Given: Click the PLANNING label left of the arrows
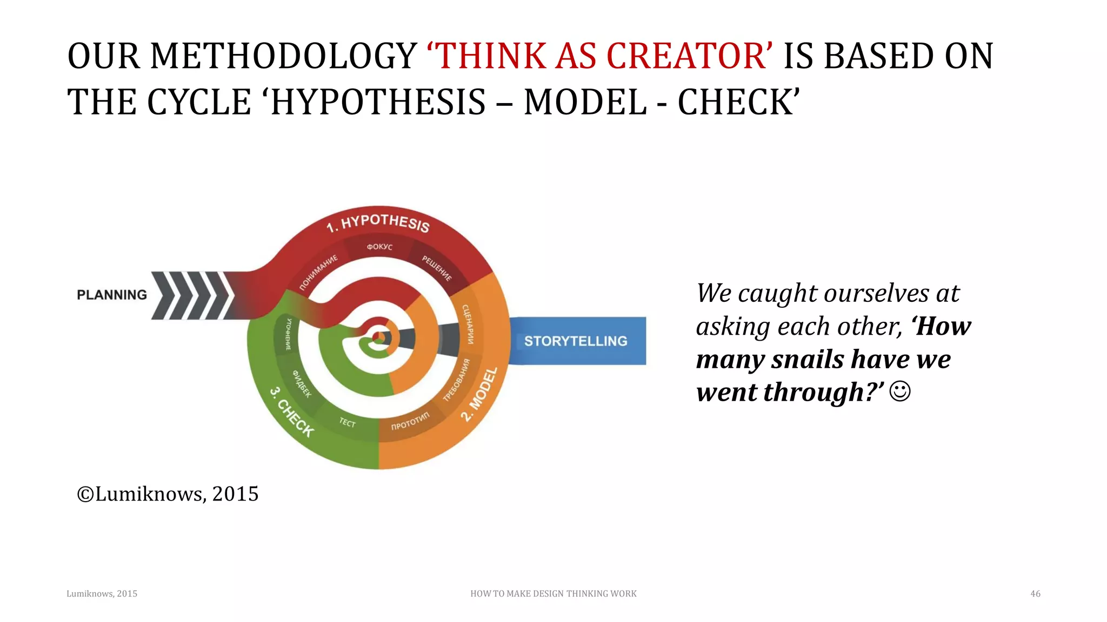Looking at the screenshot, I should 112,295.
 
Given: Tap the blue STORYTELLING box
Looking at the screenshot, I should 576,341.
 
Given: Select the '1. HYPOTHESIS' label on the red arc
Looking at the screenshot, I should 378,222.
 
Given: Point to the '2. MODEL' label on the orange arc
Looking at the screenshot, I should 479,394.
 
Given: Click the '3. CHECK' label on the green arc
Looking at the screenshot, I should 292,411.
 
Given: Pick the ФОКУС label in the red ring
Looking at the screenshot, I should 379,247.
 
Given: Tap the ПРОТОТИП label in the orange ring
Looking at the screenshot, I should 410,421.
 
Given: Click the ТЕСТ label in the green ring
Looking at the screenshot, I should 348,422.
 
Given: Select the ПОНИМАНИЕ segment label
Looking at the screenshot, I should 318,272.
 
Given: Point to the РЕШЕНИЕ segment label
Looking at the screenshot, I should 437,268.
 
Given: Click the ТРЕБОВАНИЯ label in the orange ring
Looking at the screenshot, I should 457,380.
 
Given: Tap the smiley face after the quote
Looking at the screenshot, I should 899,391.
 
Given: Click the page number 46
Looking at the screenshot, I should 1035,593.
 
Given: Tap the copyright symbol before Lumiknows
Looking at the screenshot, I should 85,494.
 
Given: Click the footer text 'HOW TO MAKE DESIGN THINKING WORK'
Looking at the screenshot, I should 553,593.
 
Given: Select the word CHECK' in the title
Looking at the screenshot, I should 738,102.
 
